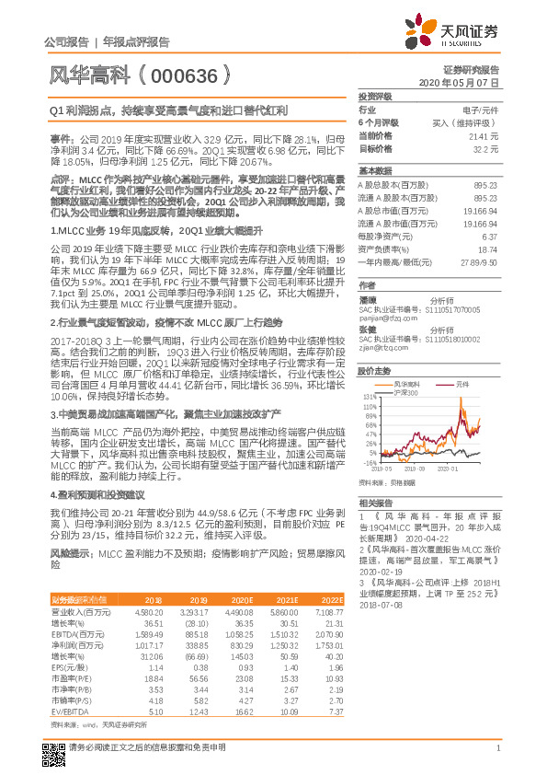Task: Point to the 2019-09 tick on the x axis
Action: tap(414, 468)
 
